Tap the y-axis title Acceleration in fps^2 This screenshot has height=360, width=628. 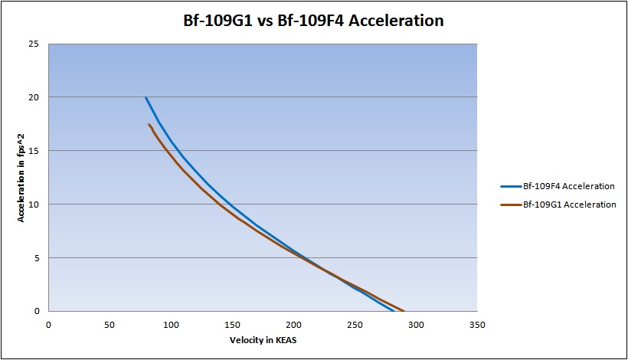(23, 178)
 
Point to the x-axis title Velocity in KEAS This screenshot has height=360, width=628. (262, 339)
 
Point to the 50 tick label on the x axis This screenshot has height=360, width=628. (110, 324)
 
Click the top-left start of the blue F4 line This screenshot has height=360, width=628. (146, 97)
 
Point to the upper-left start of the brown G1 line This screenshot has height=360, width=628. (149, 124)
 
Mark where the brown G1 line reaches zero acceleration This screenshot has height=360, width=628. (404, 311)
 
